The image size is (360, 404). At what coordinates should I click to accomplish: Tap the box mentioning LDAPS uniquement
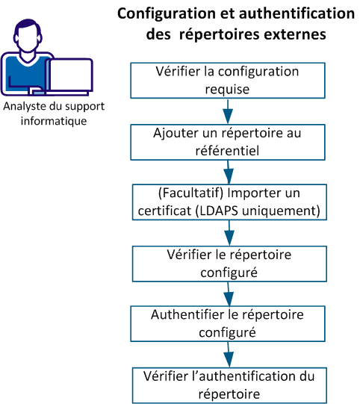point(229,202)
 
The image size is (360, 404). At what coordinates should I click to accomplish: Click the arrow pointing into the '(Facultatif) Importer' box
point(228,172)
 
